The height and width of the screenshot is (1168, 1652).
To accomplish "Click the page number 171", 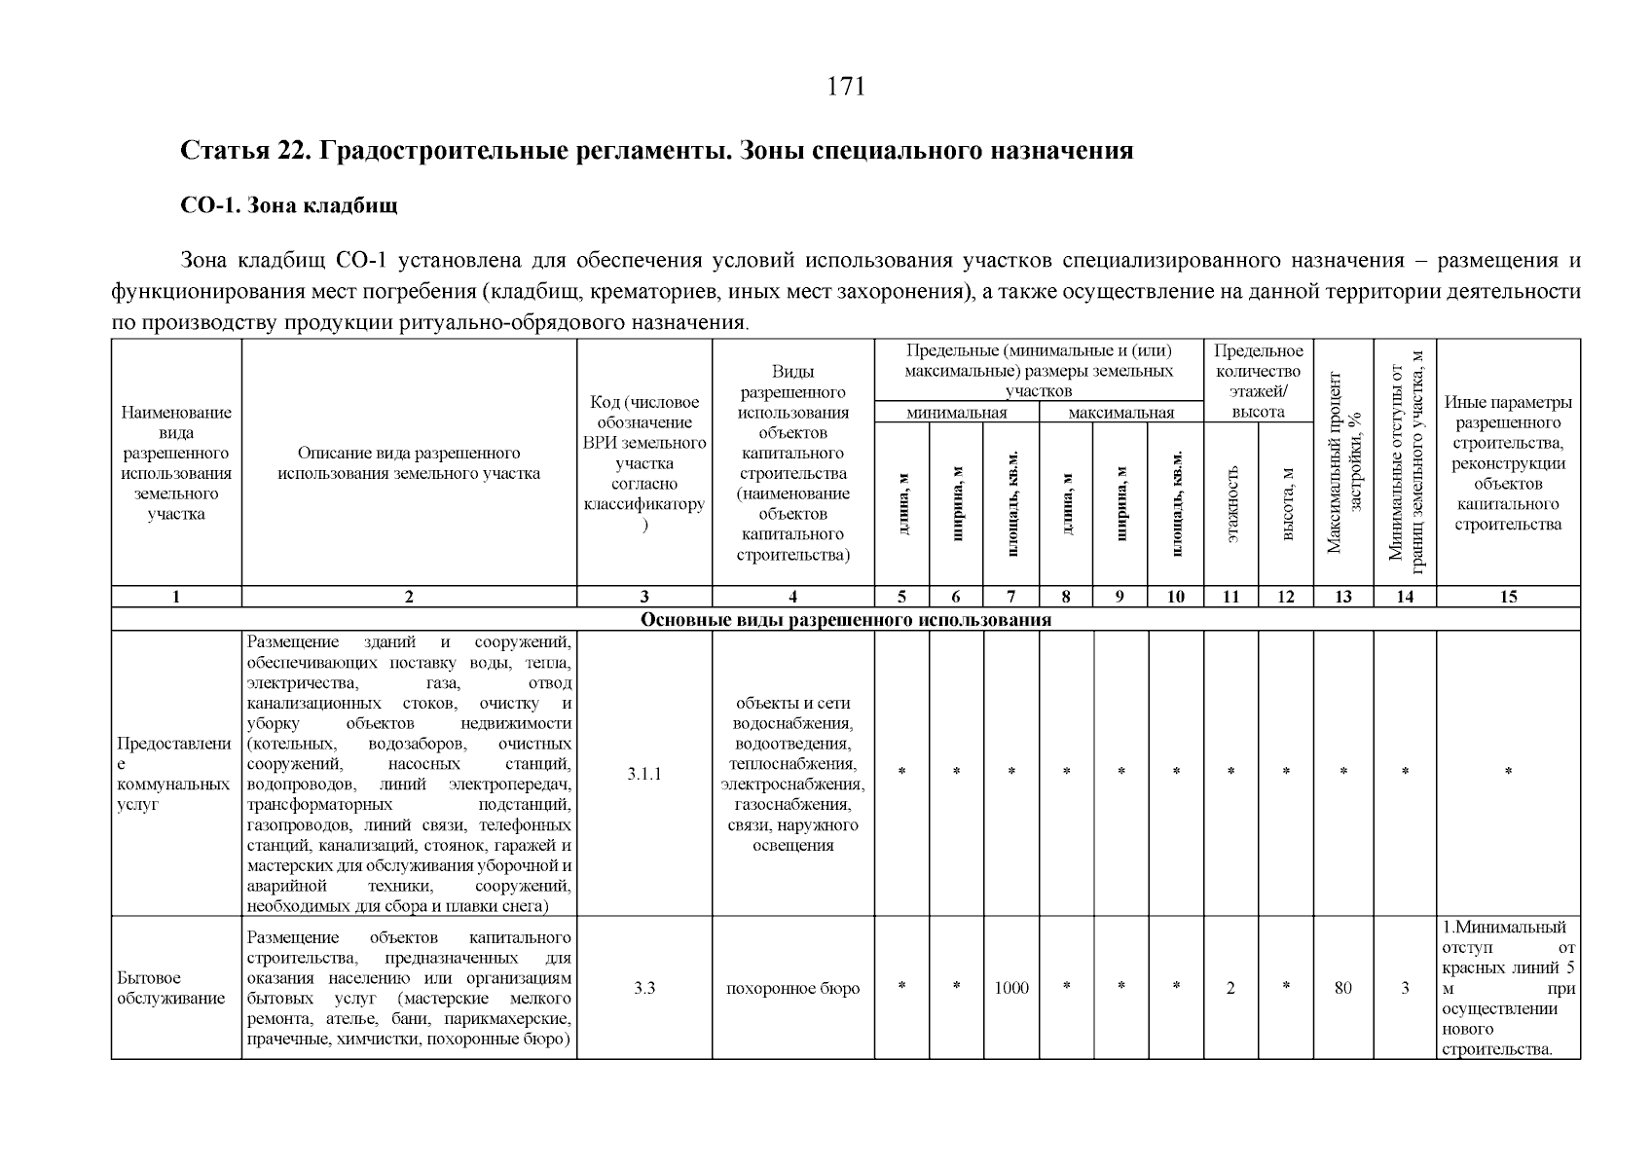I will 845,87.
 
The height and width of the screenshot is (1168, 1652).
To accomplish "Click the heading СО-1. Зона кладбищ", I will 289,206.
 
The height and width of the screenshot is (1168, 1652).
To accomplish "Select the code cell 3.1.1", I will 643,774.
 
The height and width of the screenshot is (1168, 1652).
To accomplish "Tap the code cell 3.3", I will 643,988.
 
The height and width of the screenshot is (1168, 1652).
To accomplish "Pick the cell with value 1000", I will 1011,988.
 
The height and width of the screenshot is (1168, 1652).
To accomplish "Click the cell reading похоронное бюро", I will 792,988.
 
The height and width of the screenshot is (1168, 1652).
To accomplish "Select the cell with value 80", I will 1342,988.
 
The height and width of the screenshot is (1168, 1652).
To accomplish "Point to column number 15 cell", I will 1507,597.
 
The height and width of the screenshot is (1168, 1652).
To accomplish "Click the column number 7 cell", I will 1011,597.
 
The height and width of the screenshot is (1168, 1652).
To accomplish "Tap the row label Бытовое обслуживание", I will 170,988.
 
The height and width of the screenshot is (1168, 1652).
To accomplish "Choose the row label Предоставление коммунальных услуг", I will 173,774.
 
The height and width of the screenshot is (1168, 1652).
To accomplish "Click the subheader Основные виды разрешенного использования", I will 845,620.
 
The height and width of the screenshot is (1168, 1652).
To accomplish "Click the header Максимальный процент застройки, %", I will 1342,462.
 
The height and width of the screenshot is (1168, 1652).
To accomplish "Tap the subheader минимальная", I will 956,413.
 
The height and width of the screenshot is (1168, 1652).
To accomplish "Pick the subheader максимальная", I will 1120,413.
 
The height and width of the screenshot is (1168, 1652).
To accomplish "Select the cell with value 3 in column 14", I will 1405,988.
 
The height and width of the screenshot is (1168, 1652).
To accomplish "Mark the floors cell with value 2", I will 1230,988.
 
